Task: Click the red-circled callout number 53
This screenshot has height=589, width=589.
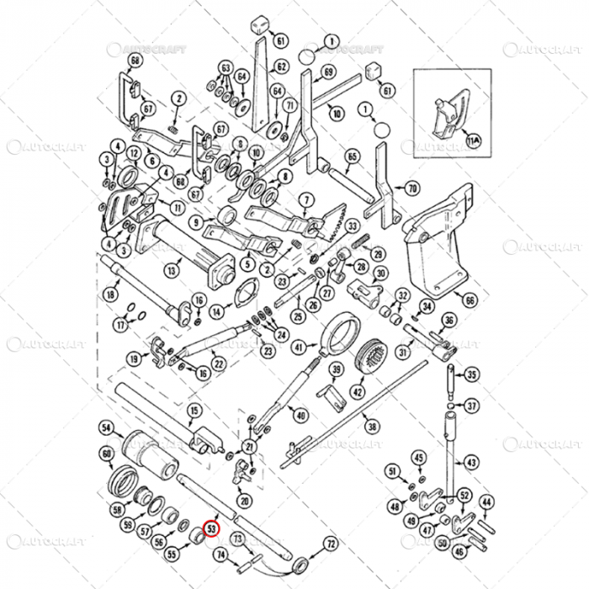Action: click(213, 530)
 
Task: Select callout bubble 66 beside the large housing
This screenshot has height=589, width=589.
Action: click(470, 300)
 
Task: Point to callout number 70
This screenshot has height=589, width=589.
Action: click(411, 188)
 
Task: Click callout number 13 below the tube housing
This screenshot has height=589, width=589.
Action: click(171, 271)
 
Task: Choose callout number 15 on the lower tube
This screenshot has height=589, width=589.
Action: click(194, 411)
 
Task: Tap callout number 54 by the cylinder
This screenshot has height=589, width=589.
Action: click(106, 427)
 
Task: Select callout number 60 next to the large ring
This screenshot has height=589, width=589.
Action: click(106, 454)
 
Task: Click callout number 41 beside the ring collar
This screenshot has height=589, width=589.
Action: click(299, 346)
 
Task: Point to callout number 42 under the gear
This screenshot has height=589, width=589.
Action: click(358, 392)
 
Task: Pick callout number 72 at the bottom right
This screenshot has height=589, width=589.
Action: click(330, 544)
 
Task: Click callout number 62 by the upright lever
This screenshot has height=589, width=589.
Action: click(281, 66)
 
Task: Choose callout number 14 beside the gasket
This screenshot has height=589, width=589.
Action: click(217, 310)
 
